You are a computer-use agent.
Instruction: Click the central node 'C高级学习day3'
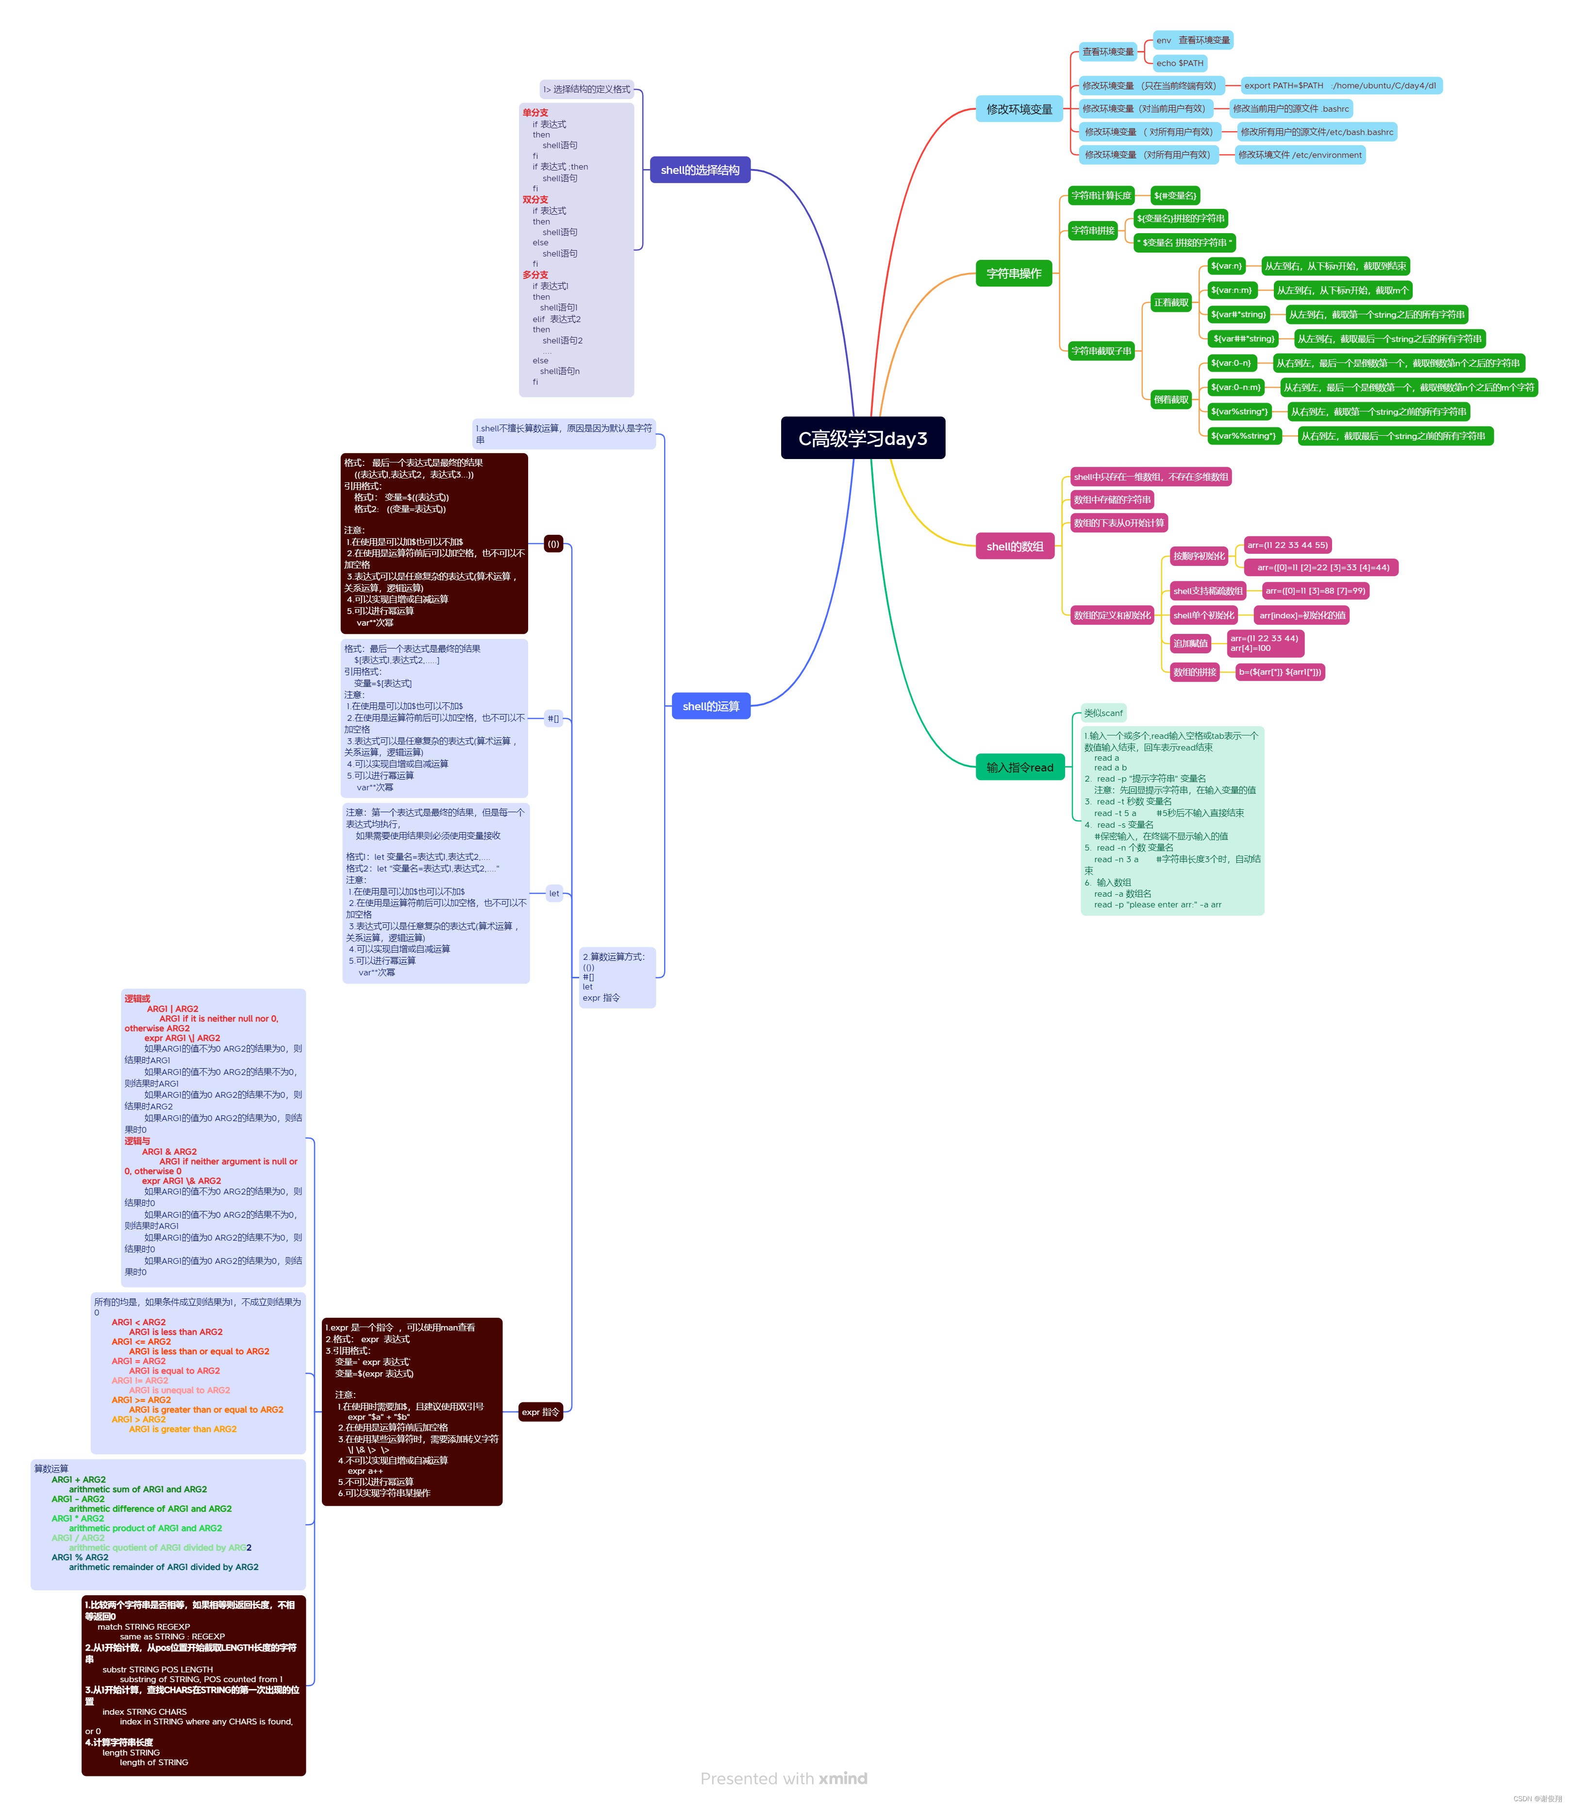point(863,438)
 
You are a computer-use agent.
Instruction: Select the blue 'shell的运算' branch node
point(710,706)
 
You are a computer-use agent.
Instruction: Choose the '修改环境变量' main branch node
point(1018,109)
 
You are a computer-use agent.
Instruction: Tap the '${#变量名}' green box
point(1174,195)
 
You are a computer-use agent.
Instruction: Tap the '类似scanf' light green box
point(1102,713)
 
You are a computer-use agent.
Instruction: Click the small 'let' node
point(554,893)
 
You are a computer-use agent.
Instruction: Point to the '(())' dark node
point(553,544)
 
